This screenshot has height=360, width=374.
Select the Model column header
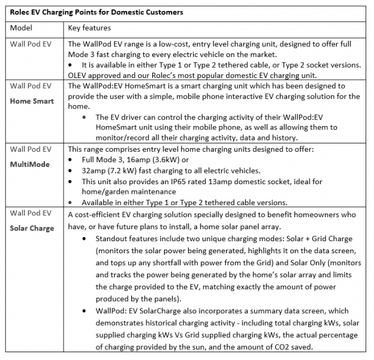click(x=22, y=28)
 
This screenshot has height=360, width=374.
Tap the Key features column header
click(x=89, y=28)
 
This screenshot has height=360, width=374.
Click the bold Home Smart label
click(x=32, y=101)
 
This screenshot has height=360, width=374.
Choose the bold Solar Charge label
click(x=32, y=228)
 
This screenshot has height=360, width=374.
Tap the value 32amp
click(x=93, y=170)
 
